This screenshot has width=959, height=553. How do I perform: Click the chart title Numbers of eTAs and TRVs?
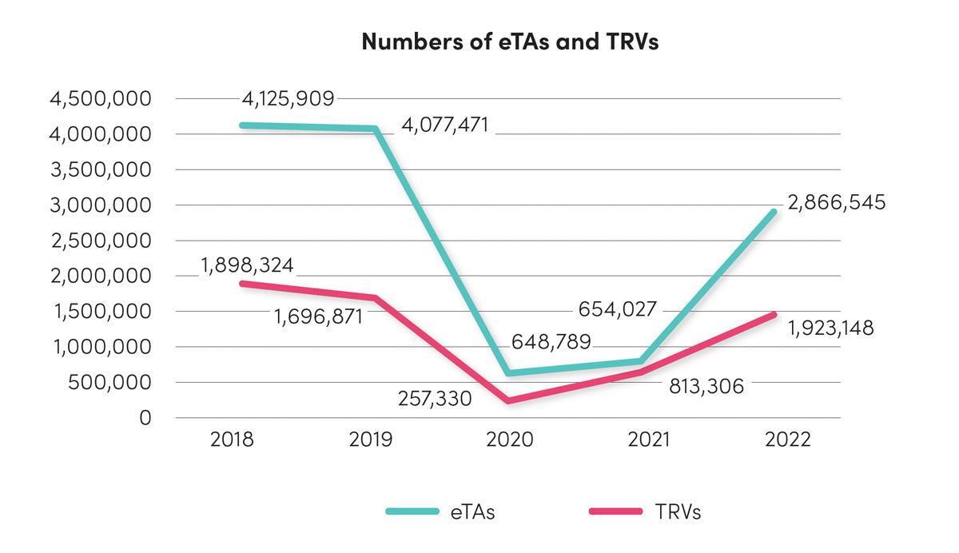[509, 42]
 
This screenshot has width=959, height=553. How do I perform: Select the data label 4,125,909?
[288, 99]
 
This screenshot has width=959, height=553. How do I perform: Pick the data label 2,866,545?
[836, 202]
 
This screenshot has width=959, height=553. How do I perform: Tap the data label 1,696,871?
[318, 317]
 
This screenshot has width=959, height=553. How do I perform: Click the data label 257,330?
[434, 398]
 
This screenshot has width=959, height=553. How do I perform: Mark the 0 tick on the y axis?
[145, 418]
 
